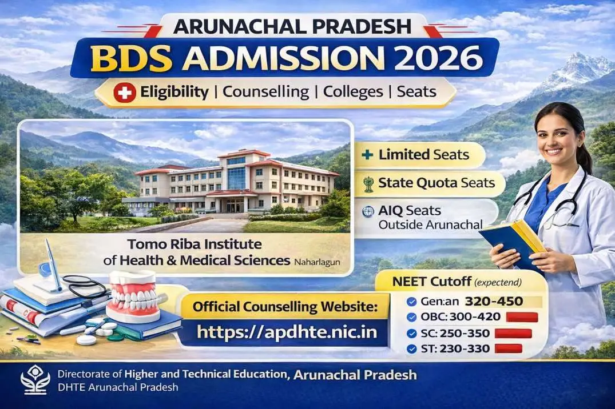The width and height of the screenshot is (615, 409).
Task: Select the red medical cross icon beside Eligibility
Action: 124,92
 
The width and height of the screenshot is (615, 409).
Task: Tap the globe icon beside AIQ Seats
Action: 368,211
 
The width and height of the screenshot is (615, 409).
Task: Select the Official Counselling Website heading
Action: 285,307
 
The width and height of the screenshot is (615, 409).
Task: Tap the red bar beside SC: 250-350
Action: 513,333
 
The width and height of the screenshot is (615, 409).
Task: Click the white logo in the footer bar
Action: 35,379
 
